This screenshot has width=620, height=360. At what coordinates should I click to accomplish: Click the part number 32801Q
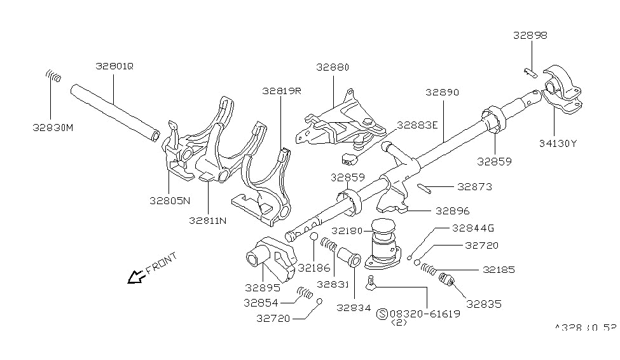coord(114,66)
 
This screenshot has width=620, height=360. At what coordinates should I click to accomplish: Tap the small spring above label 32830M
coord(55,77)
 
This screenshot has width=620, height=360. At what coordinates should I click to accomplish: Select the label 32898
coord(530,36)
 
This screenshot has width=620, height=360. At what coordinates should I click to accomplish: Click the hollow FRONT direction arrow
coord(135,277)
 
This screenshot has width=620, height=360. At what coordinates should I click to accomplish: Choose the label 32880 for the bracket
coord(332,67)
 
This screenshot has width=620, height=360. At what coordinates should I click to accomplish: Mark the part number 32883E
coord(417,125)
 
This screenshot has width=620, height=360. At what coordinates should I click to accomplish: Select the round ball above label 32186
coord(313,237)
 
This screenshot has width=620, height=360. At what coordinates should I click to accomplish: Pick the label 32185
coord(499,270)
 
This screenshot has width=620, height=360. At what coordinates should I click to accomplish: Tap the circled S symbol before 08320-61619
coord(382,314)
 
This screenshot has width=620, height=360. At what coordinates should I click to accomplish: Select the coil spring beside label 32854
coord(306,294)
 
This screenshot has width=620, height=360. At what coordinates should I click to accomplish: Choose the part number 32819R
coord(281,91)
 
